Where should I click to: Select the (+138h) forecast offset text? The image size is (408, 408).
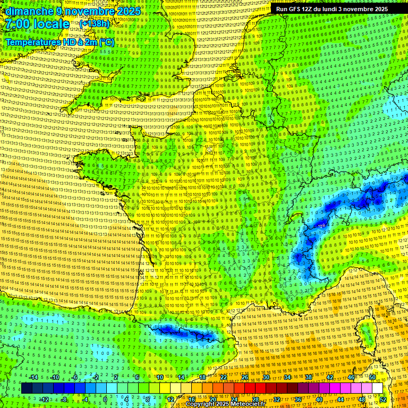[94, 24]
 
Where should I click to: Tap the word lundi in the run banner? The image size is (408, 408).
[333, 9]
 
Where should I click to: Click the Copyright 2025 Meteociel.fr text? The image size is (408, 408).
[225, 404]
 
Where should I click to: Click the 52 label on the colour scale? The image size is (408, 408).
[383, 399]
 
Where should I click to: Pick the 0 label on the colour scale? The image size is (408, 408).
[105, 399]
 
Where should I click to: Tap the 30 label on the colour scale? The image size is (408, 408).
[266, 377]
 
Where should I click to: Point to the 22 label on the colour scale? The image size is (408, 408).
[224, 377]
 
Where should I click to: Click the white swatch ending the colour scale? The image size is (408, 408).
[377, 388]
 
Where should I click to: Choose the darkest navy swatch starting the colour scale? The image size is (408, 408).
[27, 388]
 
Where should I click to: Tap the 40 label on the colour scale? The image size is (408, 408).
[319, 399]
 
